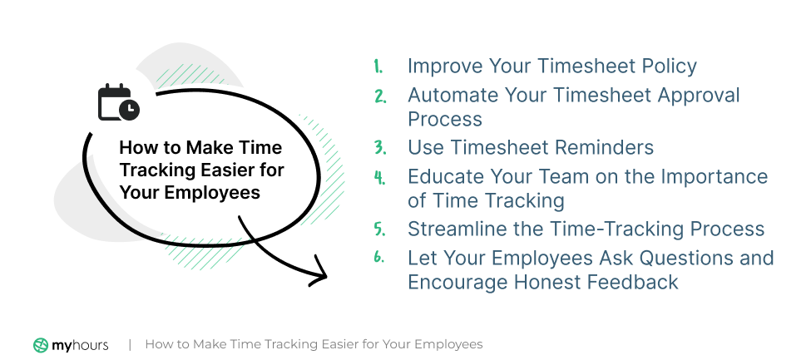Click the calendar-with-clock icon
118,102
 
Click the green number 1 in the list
378,67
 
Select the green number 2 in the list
380,96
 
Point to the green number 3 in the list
380,147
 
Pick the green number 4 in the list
380,177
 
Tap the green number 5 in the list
380,229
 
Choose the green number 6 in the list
379,258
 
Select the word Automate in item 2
452,95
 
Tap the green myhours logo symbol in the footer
41,345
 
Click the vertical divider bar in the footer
130,344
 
